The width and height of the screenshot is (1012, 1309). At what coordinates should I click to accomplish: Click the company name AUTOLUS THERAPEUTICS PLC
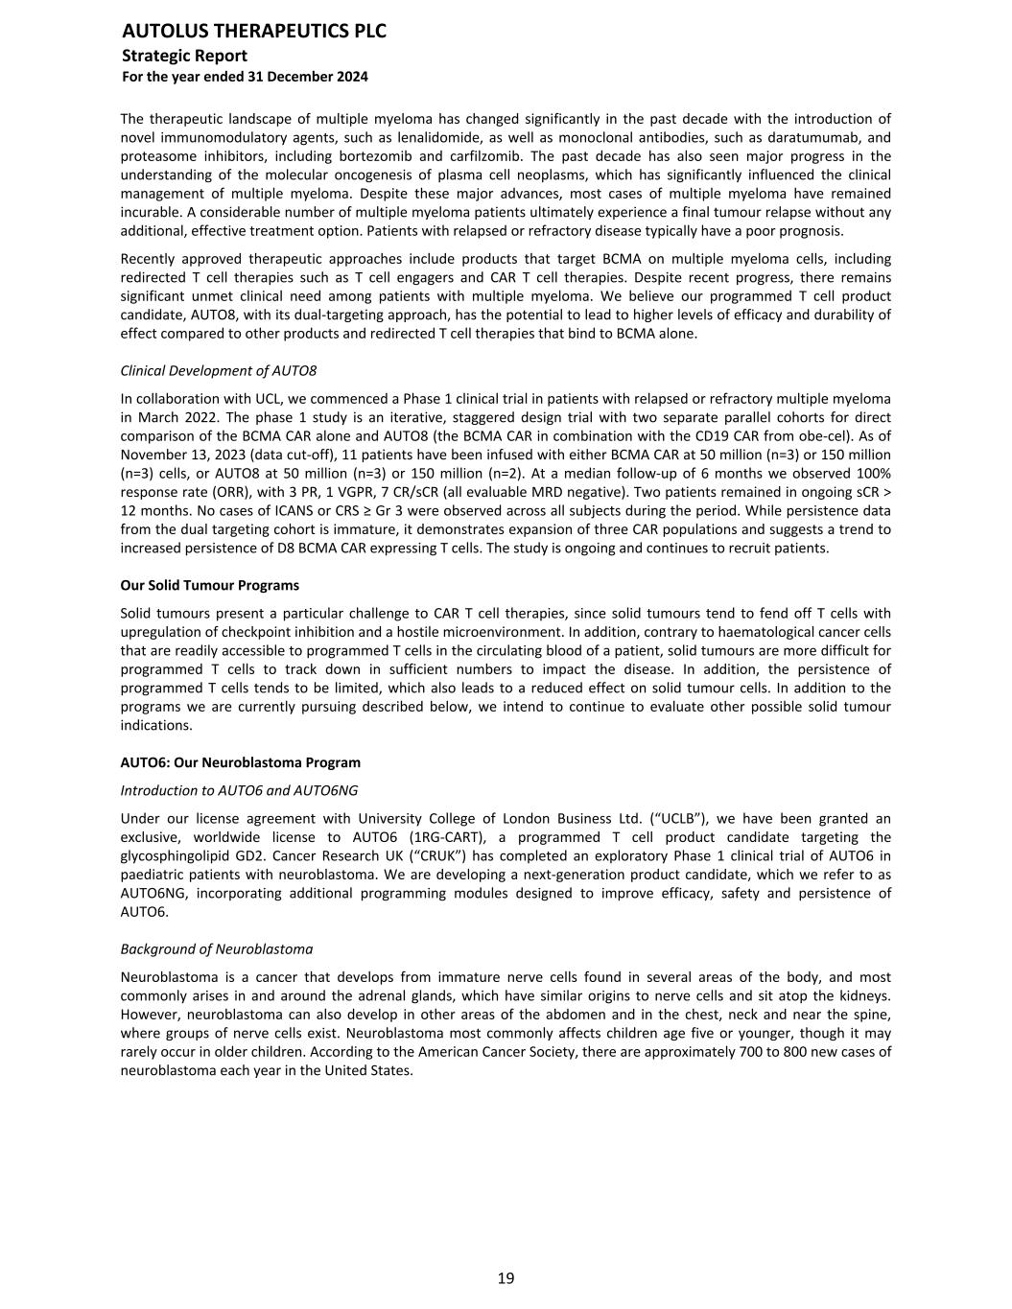point(254,32)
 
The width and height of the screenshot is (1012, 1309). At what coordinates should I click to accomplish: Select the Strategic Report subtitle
point(184,56)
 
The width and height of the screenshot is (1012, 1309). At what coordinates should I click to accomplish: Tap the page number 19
point(506,1278)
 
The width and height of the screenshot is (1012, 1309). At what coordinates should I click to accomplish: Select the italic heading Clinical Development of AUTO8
point(219,370)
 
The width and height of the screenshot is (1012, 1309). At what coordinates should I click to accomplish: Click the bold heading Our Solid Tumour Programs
point(209,585)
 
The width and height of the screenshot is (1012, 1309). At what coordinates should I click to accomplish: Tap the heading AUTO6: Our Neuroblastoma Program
point(240,762)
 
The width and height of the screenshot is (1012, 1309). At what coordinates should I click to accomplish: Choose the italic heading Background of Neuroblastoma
point(217,948)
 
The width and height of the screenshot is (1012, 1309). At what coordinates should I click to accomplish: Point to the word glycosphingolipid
point(177,856)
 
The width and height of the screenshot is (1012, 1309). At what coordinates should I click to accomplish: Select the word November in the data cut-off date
point(153,455)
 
